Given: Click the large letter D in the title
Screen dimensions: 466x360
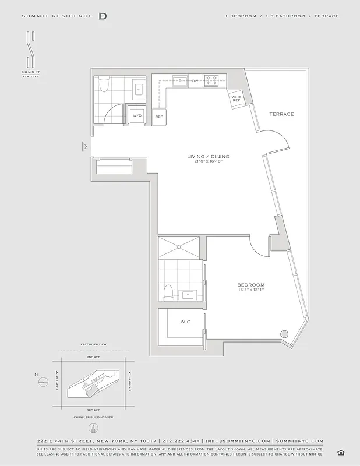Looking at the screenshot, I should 103,16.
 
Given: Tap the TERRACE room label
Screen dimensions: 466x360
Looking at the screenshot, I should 281,114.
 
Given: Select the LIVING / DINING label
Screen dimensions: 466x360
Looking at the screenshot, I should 208,156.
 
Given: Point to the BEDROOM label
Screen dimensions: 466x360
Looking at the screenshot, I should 251,285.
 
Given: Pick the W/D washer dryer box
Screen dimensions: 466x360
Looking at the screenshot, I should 137,116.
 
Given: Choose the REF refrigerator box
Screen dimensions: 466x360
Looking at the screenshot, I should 158,116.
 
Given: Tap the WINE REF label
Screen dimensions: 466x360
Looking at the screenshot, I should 236,98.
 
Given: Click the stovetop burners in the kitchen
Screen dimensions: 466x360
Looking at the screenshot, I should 211,80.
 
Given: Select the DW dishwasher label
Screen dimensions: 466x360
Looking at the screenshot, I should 195,80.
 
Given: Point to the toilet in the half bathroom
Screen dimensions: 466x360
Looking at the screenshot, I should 104,84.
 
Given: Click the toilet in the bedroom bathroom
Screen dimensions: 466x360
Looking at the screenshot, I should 168,292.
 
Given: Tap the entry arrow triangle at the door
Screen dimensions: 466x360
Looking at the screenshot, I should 84,146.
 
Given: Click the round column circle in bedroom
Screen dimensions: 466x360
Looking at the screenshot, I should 284,333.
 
